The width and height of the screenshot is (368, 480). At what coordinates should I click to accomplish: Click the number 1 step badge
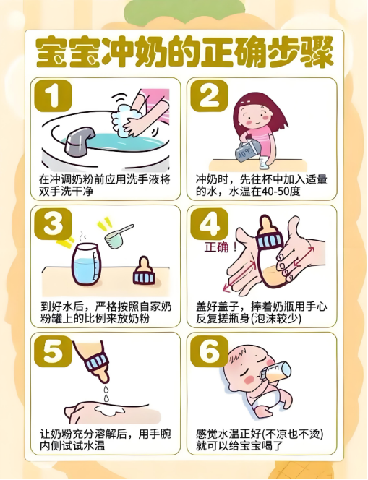54,95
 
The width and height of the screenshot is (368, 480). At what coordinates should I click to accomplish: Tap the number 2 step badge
210,95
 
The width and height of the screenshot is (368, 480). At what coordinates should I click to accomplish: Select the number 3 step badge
54,223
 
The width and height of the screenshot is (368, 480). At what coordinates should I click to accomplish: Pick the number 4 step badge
210,223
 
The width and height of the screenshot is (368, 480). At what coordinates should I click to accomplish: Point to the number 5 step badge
54,351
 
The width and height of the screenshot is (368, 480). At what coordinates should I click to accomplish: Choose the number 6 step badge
210,351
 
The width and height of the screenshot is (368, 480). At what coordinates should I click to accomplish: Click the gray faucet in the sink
80,140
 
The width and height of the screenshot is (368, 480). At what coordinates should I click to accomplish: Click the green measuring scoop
118,236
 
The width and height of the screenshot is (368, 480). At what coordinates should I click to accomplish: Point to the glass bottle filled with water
85,264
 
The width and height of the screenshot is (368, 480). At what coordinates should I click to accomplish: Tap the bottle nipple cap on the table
143,271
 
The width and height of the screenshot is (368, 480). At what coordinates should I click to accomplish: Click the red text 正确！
221,247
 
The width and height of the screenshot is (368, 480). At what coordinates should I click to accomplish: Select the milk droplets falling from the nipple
106,394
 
